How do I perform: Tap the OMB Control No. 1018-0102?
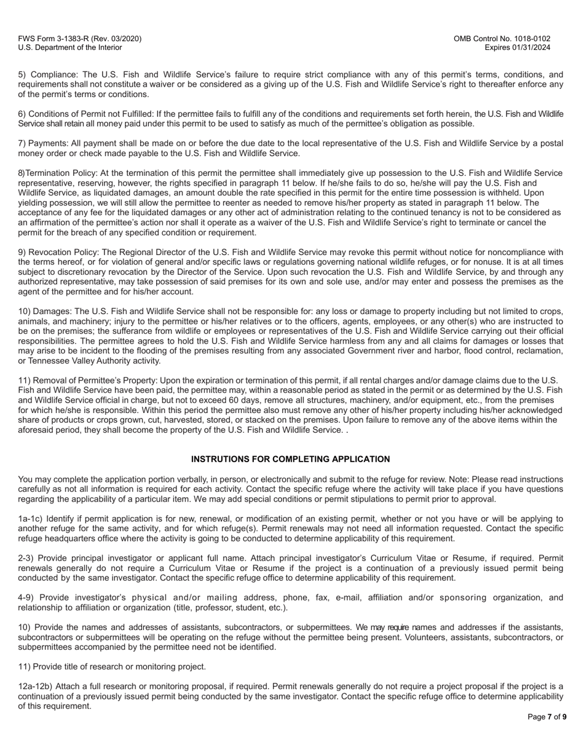[502, 39]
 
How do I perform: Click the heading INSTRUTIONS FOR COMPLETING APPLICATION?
[290, 459]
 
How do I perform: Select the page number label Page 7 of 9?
[547, 717]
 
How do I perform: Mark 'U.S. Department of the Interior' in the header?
[69, 47]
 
